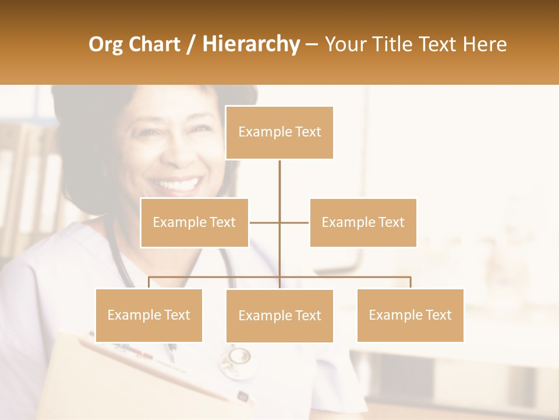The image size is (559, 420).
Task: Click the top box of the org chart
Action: (279, 132)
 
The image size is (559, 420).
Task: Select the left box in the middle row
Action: (194, 222)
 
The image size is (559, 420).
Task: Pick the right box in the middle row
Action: (363, 222)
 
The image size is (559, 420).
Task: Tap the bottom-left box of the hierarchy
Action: (149, 315)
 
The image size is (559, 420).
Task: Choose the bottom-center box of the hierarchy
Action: (279, 316)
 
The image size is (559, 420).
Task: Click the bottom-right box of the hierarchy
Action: (410, 315)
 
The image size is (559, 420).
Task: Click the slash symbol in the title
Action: (192, 44)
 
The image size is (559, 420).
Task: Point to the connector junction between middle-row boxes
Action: (279, 222)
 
